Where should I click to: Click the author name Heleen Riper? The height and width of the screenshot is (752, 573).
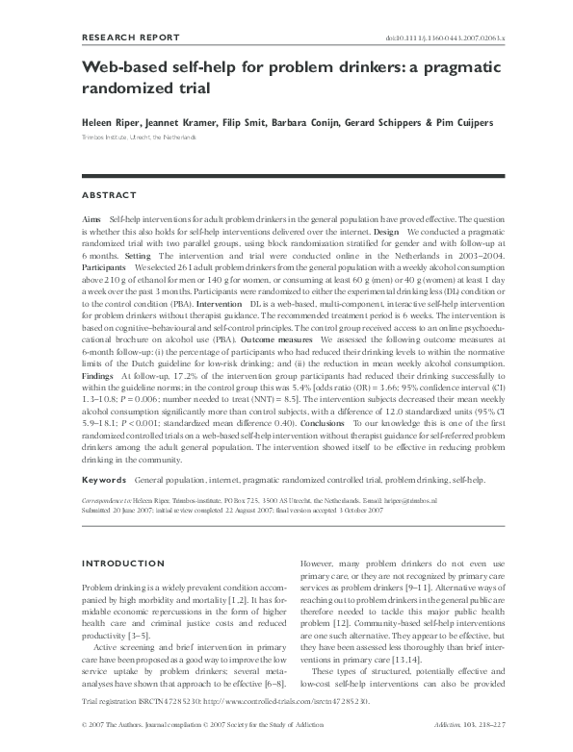(110, 124)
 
